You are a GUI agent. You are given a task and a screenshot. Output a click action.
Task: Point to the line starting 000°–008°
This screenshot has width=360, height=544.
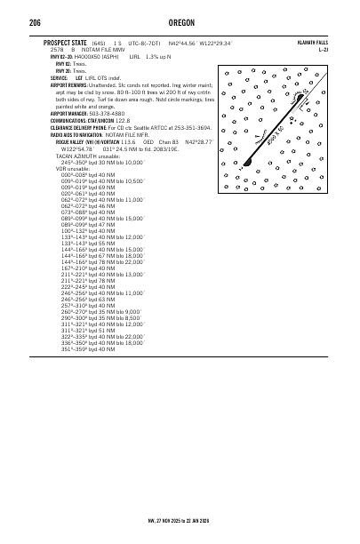pos(71,175)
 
